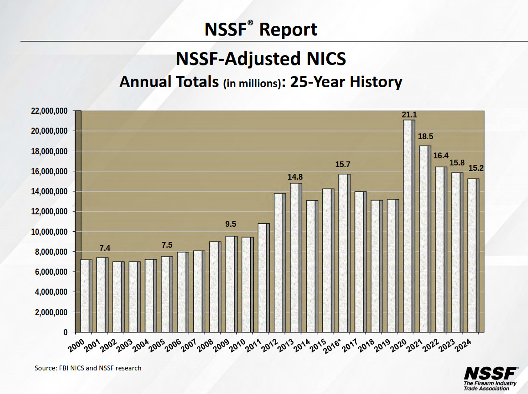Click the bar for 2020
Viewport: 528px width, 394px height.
[409, 226]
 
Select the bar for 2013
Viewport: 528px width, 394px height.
[296, 258]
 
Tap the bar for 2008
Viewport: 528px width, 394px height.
[215, 287]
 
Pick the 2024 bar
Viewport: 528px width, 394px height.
[473, 256]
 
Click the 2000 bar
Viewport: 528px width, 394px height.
[86, 296]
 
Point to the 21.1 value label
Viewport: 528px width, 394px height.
[409, 115]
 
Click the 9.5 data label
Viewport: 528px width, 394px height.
[231, 224]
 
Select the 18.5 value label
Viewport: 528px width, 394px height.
[426, 137]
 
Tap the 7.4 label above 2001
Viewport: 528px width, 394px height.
[105, 248]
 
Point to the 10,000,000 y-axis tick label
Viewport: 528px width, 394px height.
[49, 232]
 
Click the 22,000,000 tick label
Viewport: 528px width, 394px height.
[49, 111]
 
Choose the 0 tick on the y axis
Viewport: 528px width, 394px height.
[65, 333]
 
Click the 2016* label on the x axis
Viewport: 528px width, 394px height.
[332, 346]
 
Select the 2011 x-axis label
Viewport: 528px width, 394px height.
[253, 346]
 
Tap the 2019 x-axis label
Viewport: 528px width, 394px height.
[382, 346]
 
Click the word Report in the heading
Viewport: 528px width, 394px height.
[288, 30]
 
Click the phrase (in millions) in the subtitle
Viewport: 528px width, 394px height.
[252, 83]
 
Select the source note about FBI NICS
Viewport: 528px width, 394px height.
[88, 368]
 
